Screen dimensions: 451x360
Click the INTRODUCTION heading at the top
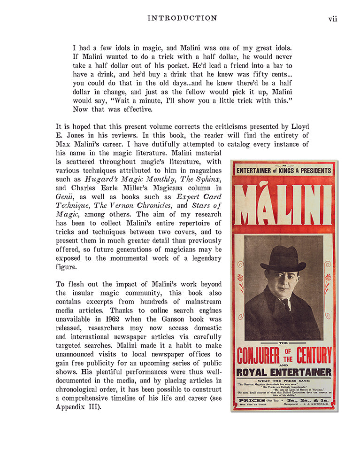182,18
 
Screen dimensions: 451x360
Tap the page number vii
332,19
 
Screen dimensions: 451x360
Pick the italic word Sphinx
208,179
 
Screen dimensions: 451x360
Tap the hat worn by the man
283,258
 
